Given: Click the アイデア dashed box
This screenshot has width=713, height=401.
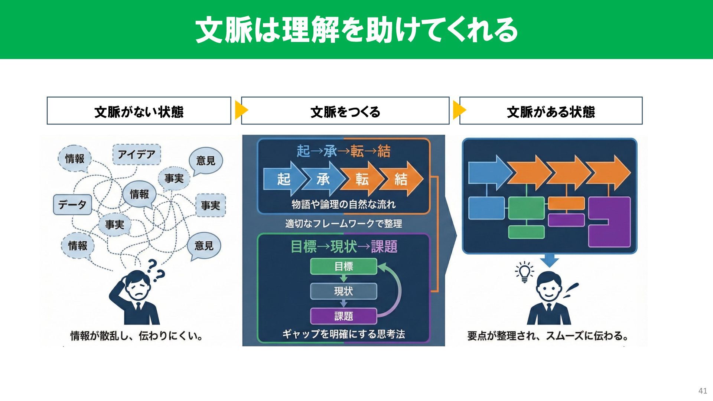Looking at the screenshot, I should coord(137,154).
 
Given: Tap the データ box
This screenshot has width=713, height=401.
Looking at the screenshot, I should coord(72,204).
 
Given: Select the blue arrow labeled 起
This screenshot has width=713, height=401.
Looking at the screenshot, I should coord(283,179).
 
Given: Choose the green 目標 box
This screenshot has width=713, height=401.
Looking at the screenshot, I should coord(344,266).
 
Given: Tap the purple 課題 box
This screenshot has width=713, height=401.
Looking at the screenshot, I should coord(344,316).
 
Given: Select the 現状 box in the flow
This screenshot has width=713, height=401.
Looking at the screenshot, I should coord(344,291).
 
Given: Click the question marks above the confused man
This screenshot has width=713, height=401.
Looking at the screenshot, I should coord(155,270).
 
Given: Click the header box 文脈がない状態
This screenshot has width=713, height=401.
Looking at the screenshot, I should coord(139,111).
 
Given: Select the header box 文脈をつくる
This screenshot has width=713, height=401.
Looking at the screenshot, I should coord(345,111).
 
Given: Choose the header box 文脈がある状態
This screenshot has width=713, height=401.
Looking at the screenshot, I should coord(551,111).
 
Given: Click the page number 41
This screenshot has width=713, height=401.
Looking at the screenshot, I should coord(703,391).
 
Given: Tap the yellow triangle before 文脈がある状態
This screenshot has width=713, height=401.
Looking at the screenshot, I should coord(459,110).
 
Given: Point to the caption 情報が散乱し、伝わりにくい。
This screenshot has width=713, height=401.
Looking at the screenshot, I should coord(137,336).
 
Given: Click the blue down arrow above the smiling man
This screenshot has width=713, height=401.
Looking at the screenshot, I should coord(549,260).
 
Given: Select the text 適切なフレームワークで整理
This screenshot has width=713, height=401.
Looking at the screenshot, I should coord(344,224).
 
